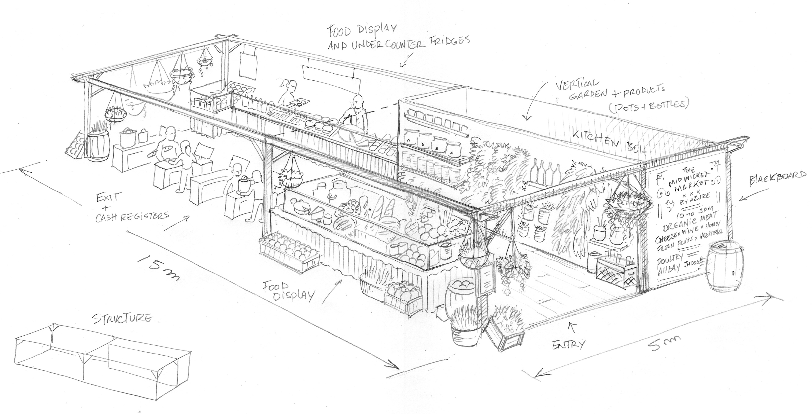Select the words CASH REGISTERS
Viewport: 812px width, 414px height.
[132, 217]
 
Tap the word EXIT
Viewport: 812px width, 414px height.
[107, 198]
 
